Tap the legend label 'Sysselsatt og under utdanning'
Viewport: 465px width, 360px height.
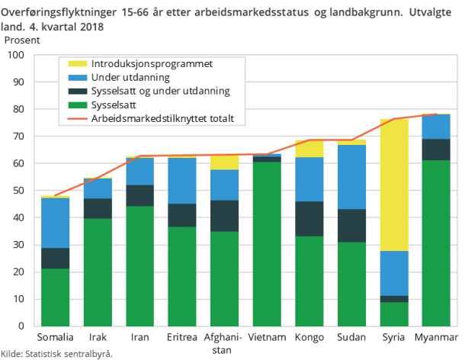click(x=159, y=92)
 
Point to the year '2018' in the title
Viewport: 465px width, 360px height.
click(x=91, y=27)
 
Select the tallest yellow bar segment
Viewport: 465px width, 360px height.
click(x=394, y=185)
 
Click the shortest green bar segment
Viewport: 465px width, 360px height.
click(x=394, y=314)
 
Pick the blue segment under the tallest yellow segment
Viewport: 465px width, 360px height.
click(x=394, y=272)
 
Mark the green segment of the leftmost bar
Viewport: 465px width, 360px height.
click(x=55, y=297)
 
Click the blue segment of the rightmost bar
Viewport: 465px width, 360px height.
click(x=436, y=127)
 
